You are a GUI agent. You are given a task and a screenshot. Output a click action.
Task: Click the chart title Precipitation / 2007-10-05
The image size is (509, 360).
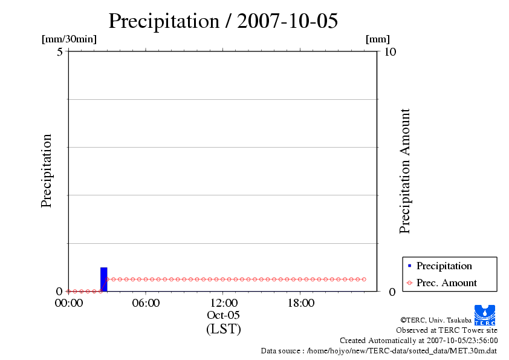click(223, 21)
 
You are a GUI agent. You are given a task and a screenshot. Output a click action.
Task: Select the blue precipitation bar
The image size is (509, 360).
click(103, 279)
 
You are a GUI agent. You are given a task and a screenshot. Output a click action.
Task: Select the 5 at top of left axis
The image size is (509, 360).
click(60, 51)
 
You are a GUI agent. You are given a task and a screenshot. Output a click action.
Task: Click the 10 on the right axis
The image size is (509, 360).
click(390, 51)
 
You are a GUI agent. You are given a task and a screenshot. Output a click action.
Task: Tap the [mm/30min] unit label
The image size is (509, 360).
click(69, 39)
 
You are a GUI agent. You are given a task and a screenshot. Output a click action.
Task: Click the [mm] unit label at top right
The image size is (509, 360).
click(378, 39)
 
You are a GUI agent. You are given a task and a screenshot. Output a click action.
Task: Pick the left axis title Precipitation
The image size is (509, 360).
click(47, 171)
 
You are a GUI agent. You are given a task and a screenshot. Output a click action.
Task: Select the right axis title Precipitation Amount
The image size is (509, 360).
click(405, 171)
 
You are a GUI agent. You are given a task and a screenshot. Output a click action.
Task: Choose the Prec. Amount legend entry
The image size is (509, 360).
click(447, 283)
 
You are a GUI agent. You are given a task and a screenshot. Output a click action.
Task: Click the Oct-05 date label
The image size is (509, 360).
click(224, 315)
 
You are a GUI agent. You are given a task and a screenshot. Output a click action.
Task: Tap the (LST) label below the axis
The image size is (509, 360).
click(224, 329)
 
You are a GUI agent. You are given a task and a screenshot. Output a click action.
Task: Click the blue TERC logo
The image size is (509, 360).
click(485, 315)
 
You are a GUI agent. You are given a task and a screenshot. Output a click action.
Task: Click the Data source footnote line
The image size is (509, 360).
click(379, 350)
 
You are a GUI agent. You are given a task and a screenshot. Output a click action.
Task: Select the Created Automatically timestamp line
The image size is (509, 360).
click(418, 340)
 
